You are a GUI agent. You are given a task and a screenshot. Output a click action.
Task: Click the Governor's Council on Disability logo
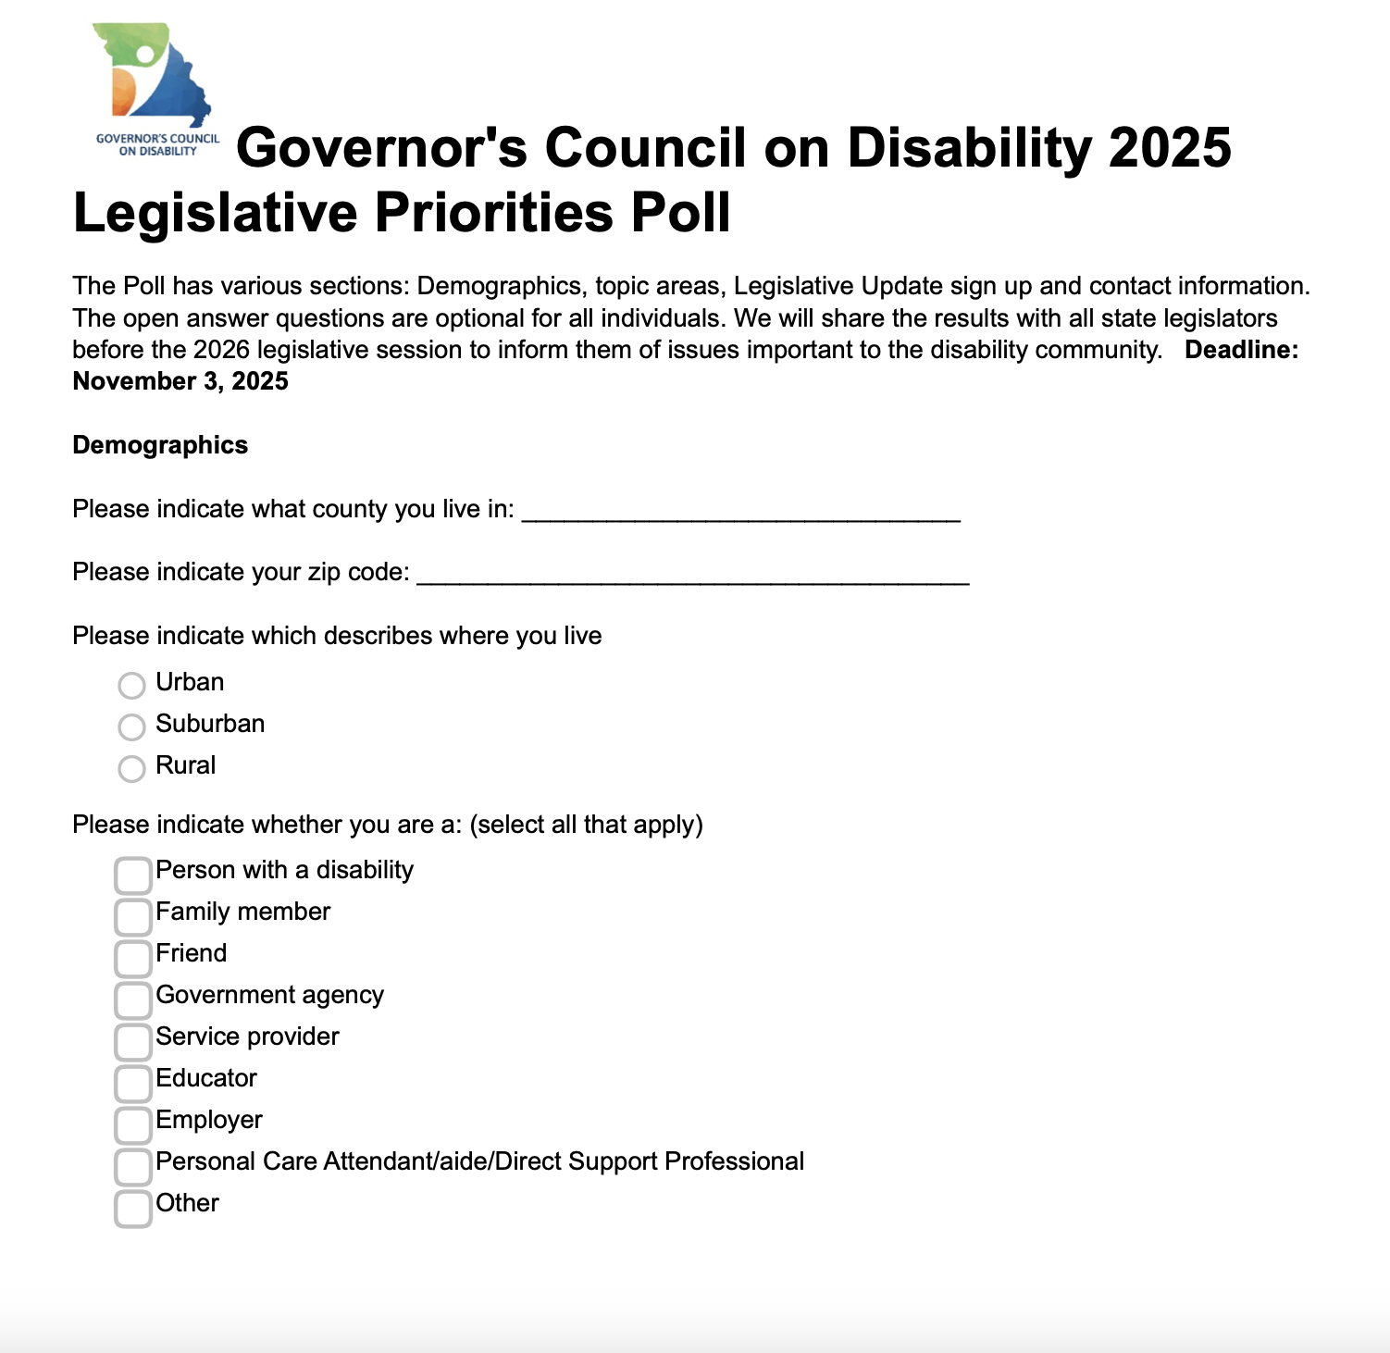click(x=155, y=88)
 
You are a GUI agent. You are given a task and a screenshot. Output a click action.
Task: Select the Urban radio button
click(x=131, y=685)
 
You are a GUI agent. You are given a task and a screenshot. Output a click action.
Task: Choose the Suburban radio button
click(x=131, y=726)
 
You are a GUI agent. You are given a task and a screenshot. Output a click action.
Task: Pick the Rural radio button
click(x=131, y=768)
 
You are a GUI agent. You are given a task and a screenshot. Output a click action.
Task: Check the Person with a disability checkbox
click(x=133, y=875)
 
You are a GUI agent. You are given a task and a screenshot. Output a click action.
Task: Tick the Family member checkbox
click(x=133, y=916)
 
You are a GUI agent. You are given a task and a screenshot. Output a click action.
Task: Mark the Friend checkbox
click(x=133, y=958)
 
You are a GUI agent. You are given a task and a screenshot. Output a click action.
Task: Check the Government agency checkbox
click(x=133, y=999)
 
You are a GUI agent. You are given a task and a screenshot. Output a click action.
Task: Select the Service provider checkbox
click(x=133, y=1041)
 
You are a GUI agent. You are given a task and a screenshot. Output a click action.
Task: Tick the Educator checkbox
click(x=133, y=1083)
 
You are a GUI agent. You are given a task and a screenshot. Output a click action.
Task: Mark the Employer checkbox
click(x=133, y=1124)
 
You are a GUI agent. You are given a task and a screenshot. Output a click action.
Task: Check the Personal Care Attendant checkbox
click(x=133, y=1166)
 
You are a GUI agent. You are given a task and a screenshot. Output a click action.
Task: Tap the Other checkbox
click(x=133, y=1208)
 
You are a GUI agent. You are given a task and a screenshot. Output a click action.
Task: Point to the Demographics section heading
click(x=160, y=445)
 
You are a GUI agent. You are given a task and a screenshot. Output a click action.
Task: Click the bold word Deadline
click(x=1241, y=350)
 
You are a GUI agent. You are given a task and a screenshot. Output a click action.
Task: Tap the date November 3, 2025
click(x=180, y=381)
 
